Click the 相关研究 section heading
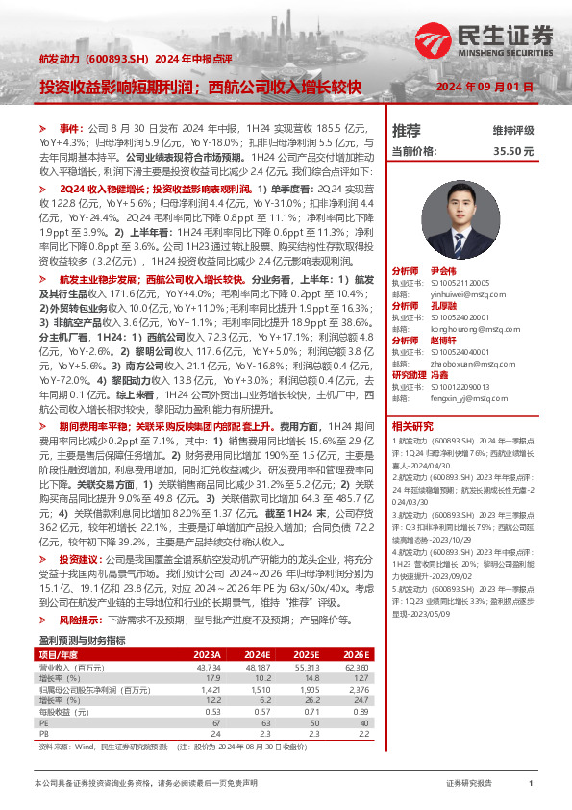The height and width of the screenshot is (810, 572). tap(412, 426)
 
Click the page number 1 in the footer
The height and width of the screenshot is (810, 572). tap(531, 784)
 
